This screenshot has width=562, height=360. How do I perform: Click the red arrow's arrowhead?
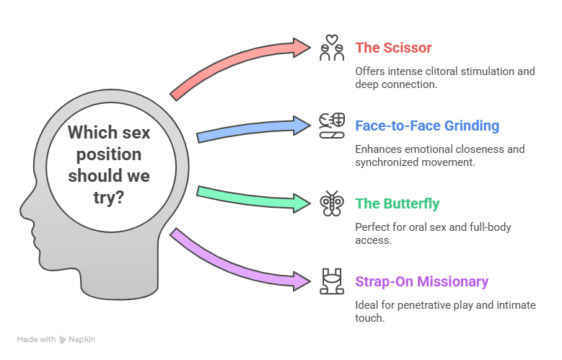[x=302, y=48]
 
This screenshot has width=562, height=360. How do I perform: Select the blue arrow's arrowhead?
[x=302, y=126]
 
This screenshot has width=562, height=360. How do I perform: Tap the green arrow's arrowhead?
[x=302, y=203]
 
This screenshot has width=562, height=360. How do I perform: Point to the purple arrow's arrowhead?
[x=302, y=281]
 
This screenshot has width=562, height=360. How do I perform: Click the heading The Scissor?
[x=393, y=48]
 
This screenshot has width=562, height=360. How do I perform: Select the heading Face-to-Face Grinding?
[x=427, y=126]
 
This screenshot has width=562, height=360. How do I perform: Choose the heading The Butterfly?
[x=397, y=203]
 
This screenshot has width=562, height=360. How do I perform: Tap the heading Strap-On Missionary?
[x=421, y=281]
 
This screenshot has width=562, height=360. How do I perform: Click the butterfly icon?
[x=332, y=203]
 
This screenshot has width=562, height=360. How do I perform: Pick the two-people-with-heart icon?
[x=332, y=48]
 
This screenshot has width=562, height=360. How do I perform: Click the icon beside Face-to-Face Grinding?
[x=332, y=126]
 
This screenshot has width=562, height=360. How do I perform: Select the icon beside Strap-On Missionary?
[x=332, y=281]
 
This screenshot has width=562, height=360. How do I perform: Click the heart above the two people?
[x=332, y=40]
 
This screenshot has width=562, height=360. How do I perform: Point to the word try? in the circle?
[x=109, y=198]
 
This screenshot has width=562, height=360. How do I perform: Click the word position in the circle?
[x=109, y=155]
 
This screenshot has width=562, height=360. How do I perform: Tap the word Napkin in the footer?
[x=82, y=339]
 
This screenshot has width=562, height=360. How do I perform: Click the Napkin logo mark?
[x=62, y=339]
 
